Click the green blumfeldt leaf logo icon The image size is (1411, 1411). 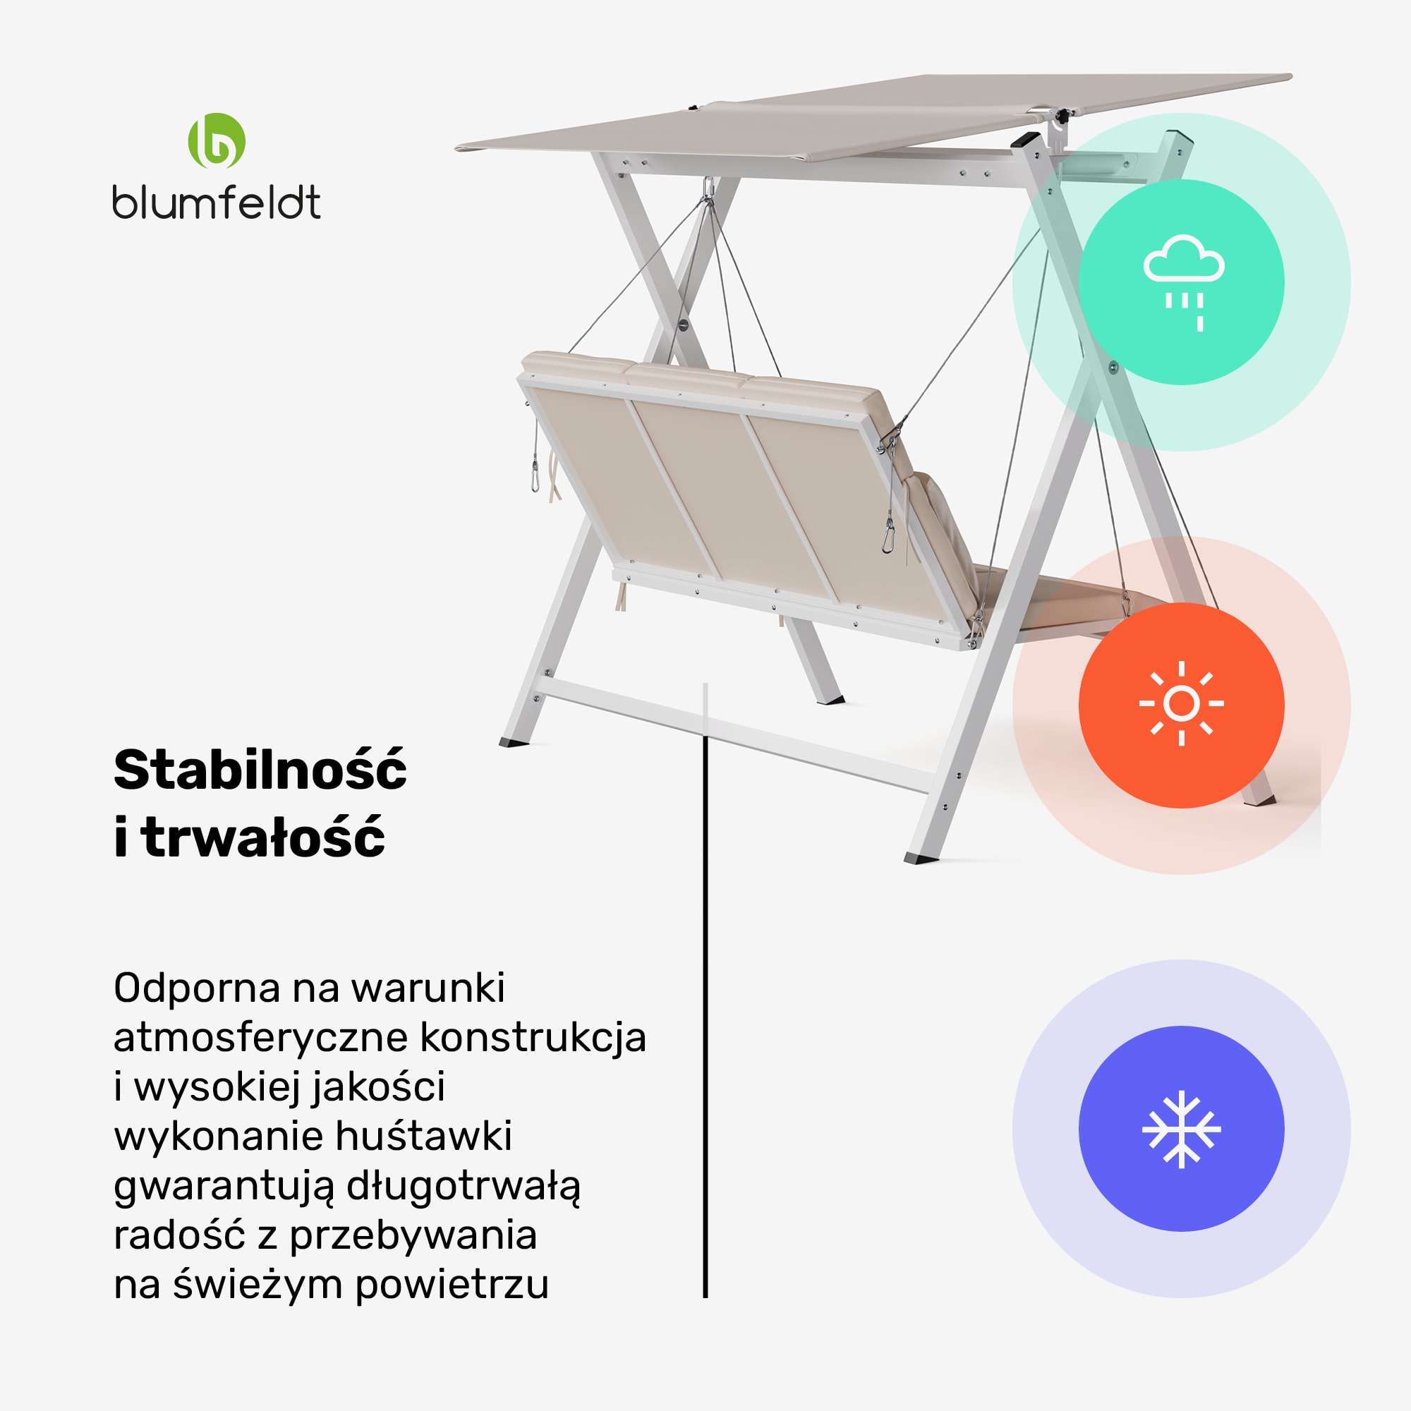tap(216, 141)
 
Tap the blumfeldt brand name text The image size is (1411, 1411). tap(216, 202)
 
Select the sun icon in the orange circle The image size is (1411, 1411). tap(1181, 704)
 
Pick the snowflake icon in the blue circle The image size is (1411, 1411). tap(1181, 1128)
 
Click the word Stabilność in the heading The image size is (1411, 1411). tap(260, 770)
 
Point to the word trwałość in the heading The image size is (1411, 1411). tap(263, 837)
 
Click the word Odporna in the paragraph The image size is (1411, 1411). tap(198, 989)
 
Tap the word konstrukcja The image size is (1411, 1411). tap(533, 1038)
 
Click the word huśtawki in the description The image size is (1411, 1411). tap(423, 1137)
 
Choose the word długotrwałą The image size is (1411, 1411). tap(463, 1187)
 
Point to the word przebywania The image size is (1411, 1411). tap(413, 1237)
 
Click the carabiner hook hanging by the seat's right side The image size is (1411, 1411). tap(889, 538)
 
